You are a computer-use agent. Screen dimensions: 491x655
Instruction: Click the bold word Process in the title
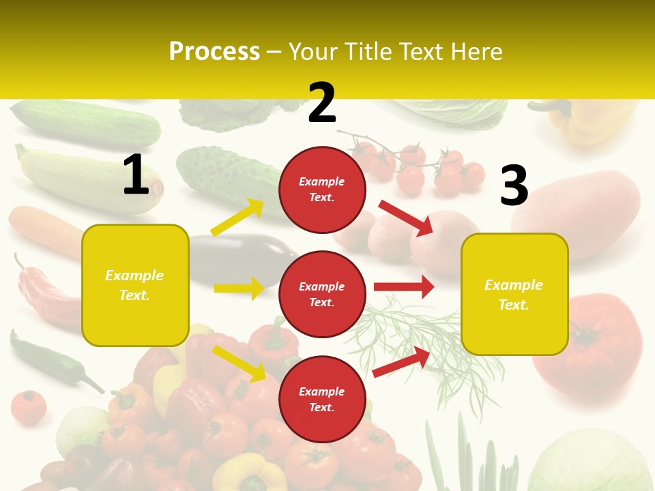click(x=214, y=51)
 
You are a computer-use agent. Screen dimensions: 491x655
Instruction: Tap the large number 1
click(x=136, y=175)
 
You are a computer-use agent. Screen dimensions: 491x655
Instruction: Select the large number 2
click(x=322, y=103)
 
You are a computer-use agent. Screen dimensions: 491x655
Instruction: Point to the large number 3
click(x=514, y=186)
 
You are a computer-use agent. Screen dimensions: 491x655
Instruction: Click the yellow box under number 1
click(x=135, y=285)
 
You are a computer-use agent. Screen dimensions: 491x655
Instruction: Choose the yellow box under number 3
click(x=514, y=294)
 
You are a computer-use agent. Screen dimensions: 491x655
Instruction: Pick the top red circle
click(x=322, y=190)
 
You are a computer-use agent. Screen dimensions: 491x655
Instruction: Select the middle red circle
click(x=322, y=294)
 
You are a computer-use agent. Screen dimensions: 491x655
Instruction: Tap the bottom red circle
click(x=322, y=399)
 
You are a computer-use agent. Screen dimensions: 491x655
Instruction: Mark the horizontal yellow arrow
click(x=239, y=288)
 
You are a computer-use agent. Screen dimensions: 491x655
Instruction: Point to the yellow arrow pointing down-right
click(x=239, y=363)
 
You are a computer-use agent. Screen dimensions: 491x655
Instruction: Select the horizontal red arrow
click(x=404, y=287)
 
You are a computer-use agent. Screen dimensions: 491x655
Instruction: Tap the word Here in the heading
click(x=476, y=51)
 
